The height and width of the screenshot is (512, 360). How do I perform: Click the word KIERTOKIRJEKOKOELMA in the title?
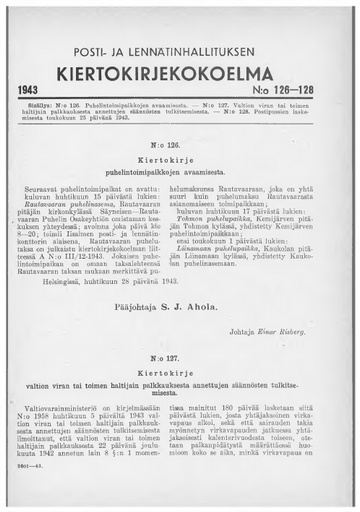pos(180,75)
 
